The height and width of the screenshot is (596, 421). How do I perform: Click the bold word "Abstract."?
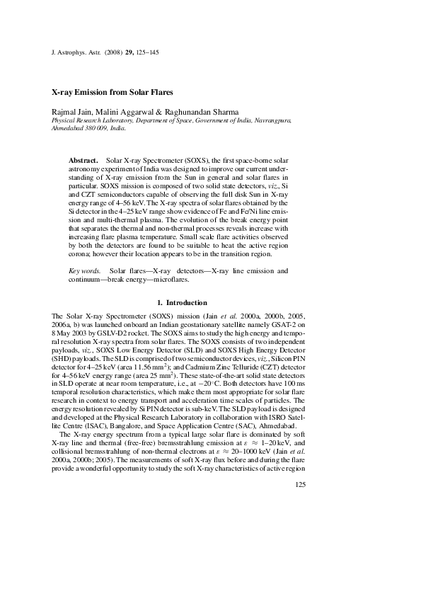(x=83, y=161)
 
